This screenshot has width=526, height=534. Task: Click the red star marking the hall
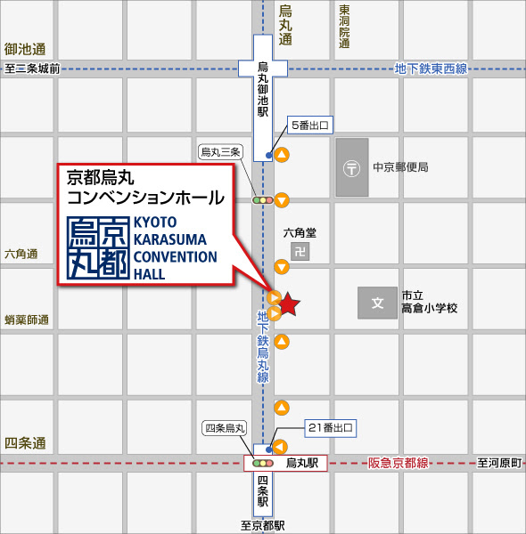(x=290, y=304)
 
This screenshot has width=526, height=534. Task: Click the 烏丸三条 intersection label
(x=220, y=152)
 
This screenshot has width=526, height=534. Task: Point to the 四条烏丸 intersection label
(x=225, y=428)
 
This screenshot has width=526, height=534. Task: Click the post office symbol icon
(x=352, y=167)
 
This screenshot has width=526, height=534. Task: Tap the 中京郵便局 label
(x=400, y=167)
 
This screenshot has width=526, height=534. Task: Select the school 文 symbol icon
(x=377, y=303)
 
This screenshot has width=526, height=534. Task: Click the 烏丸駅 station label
(x=301, y=464)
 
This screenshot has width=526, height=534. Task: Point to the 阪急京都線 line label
(x=399, y=464)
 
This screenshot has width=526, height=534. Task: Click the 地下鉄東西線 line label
(x=431, y=68)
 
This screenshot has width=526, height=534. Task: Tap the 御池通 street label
(x=25, y=49)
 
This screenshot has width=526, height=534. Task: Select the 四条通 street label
(x=25, y=443)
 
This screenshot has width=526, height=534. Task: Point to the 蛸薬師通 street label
(x=26, y=320)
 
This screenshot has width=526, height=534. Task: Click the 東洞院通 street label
(x=344, y=27)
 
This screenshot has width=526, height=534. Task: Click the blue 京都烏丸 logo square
(x=97, y=247)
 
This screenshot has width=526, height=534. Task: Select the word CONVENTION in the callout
(x=175, y=257)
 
